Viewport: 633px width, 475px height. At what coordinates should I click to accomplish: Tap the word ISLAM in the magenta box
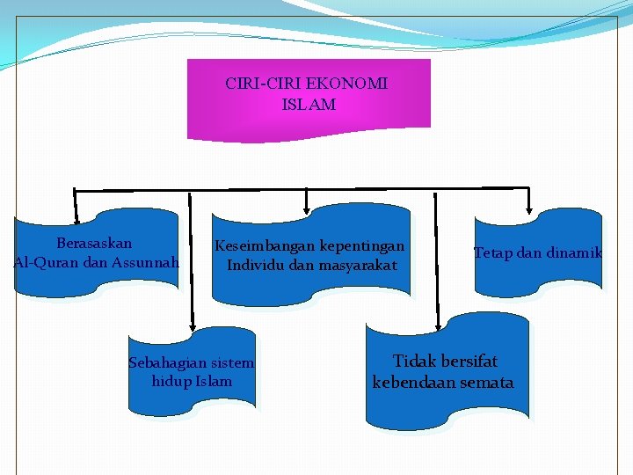coord(309,105)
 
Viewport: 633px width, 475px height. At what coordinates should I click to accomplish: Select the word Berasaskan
coord(95,243)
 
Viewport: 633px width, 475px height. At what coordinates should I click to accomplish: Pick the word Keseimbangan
coord(264,246)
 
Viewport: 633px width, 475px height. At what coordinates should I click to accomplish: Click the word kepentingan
coord(362,246)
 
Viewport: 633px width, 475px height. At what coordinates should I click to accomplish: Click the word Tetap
coord(493,253)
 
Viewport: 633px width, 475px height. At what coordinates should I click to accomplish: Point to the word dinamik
coord(572,253)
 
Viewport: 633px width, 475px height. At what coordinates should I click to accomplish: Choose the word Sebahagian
coord(167,362)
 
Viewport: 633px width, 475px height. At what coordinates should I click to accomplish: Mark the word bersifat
coord(469,362)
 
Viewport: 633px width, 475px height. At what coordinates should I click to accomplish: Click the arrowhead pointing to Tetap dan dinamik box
coord(528,209)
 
